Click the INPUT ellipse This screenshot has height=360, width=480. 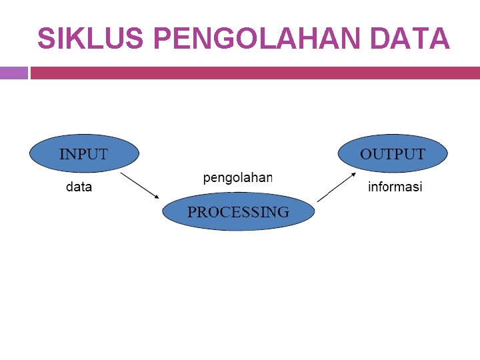coord(84,154)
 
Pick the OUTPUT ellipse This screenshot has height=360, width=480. coord(393,154)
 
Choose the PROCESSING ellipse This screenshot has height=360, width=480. coord(239,212)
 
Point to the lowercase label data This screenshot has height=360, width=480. coord(79,187)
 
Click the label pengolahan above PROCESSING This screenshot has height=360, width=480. coord(238,177)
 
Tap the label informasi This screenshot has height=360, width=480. coord(395,187)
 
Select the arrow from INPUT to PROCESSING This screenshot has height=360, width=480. coord(140,185)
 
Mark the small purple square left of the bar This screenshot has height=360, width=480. coord(13,73)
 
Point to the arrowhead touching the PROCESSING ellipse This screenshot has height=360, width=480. coord(157,196)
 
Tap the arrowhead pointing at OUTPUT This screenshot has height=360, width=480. coord(353,174)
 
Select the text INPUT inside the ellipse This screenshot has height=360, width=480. coord(84,154)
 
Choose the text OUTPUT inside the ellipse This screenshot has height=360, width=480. coord(393,154)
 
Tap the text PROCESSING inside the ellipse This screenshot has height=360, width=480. coord(239,212)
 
